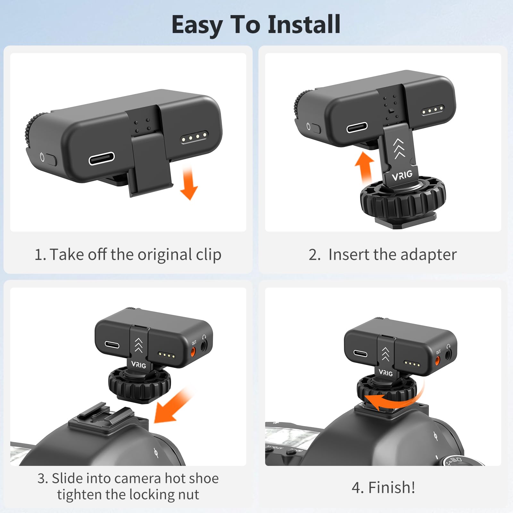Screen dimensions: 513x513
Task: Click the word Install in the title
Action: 304,24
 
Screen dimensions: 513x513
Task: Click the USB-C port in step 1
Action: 102,158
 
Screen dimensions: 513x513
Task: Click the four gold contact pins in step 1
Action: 194,137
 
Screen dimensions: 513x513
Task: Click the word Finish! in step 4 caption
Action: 391,488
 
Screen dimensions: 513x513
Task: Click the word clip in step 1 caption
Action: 208,255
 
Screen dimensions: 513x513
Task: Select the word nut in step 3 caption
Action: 189,495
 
